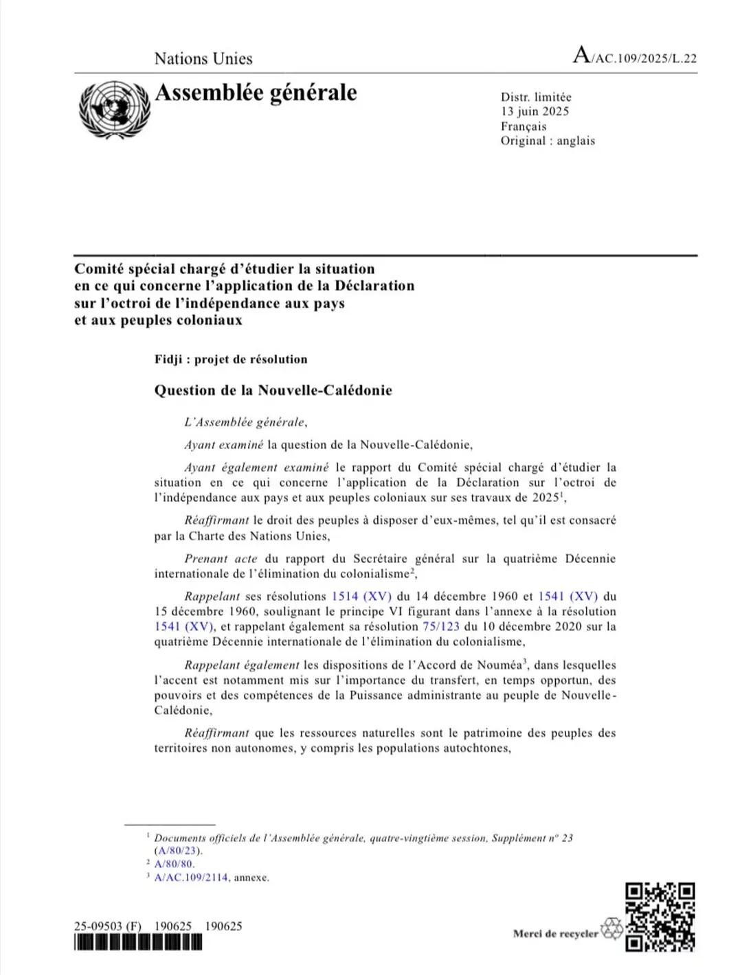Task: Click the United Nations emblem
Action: point(114,109)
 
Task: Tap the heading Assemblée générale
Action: point(256,93)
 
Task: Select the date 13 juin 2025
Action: point(535,111)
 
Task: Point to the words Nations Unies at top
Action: point(203,59)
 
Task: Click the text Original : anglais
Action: point(548,141)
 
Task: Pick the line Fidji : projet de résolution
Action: point(231,359)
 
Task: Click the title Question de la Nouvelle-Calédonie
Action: point(273,391)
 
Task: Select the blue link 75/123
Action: point(441,626)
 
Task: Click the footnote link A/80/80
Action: point(175,864)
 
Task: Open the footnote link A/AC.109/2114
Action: point(191,877)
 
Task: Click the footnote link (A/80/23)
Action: point(178,851)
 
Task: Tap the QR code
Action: point(660,917)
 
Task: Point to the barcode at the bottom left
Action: point(138,943)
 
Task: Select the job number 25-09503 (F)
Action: point(108,926)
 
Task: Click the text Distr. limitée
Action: point(536,97)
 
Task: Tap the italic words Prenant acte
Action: point(221,559)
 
